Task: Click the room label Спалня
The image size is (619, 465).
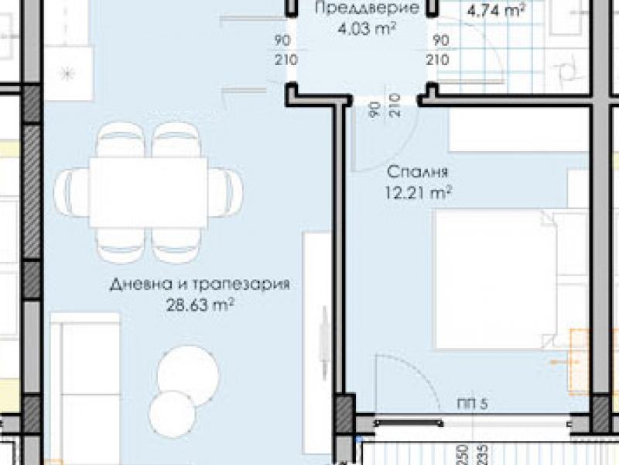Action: tap(417, 172)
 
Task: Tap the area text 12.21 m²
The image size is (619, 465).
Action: tap(418, 193)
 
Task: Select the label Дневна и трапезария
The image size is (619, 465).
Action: tap(200, 284)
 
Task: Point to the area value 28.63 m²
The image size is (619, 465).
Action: tap(200, 305)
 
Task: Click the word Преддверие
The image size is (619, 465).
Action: tap(367, 8)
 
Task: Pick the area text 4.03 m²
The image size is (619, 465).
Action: tap(367, 29)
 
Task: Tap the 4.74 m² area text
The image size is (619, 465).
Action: tap(496, 10)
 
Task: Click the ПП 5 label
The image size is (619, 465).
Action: tap(472, 404)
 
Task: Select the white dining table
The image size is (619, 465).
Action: tap(149, 192)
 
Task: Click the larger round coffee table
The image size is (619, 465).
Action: tap(187, 376)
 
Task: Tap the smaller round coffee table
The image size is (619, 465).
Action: tap(172, 414)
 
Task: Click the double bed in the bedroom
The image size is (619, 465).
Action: tap(511, 279)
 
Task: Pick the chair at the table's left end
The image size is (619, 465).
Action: tap(72, 192)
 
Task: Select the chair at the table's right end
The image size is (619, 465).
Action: tap(225, 192)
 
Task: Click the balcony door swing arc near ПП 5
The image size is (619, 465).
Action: tap(419, 370)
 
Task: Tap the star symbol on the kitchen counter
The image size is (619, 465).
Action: tap(67, 74)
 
